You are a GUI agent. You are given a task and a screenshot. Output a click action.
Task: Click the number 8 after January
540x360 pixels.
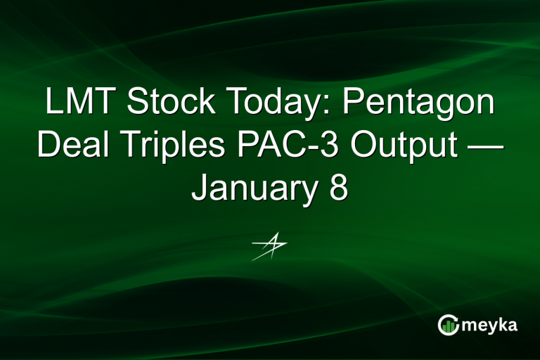click(x=338, y=187)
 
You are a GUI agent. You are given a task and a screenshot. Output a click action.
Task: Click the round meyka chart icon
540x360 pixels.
click(x=448, y=324)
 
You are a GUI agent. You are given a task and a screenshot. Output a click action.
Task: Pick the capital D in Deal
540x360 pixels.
click(x=46, y=146)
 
